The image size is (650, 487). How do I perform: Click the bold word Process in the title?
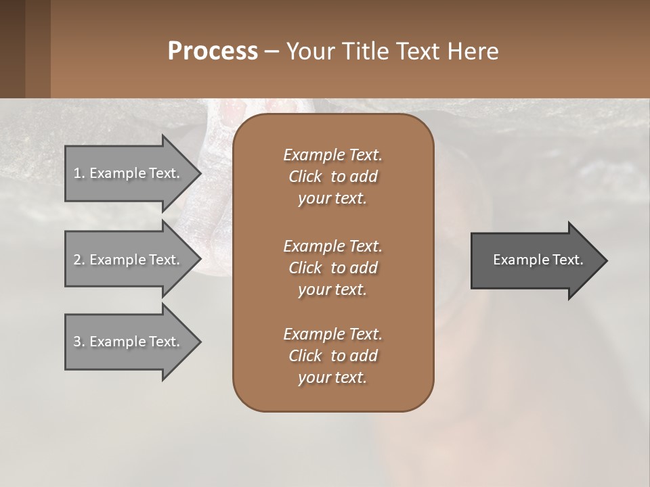[213, 51]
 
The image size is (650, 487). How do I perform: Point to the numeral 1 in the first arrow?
[77, 173]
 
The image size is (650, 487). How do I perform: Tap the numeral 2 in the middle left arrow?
[77, 260]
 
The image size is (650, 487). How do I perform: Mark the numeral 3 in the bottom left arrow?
[77, 342]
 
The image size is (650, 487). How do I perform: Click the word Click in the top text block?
[305, 177]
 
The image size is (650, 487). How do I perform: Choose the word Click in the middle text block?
[305, 268]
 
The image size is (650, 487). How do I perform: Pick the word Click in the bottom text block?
[305, 356]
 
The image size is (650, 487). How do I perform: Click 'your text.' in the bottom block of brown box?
[332, 378]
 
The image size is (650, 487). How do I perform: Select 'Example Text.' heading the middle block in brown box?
[332, 246]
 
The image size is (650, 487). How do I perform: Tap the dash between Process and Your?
[272, 52]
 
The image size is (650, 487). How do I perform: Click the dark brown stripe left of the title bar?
[12, 49]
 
